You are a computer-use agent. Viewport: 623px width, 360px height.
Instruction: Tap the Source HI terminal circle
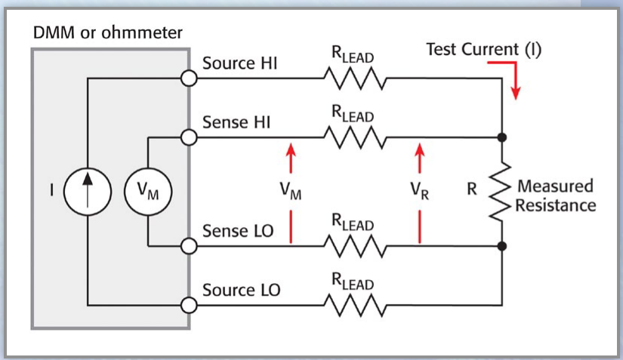190,78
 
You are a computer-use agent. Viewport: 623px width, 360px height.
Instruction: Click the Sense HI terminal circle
190,138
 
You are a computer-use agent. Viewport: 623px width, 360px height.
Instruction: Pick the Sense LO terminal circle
190,245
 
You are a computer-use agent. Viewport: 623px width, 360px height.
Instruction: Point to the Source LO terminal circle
190,306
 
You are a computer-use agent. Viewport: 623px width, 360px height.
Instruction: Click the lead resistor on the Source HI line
354,78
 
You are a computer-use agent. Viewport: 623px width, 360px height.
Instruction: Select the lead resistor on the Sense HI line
354,138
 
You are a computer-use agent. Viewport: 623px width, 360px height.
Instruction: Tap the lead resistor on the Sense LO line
354,245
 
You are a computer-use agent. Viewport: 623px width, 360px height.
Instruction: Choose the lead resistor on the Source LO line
354,306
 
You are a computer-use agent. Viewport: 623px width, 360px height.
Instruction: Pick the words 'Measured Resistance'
555,195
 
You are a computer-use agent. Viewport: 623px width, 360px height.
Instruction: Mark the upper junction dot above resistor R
502,138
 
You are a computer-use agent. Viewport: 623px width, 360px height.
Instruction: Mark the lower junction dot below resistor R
502,245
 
